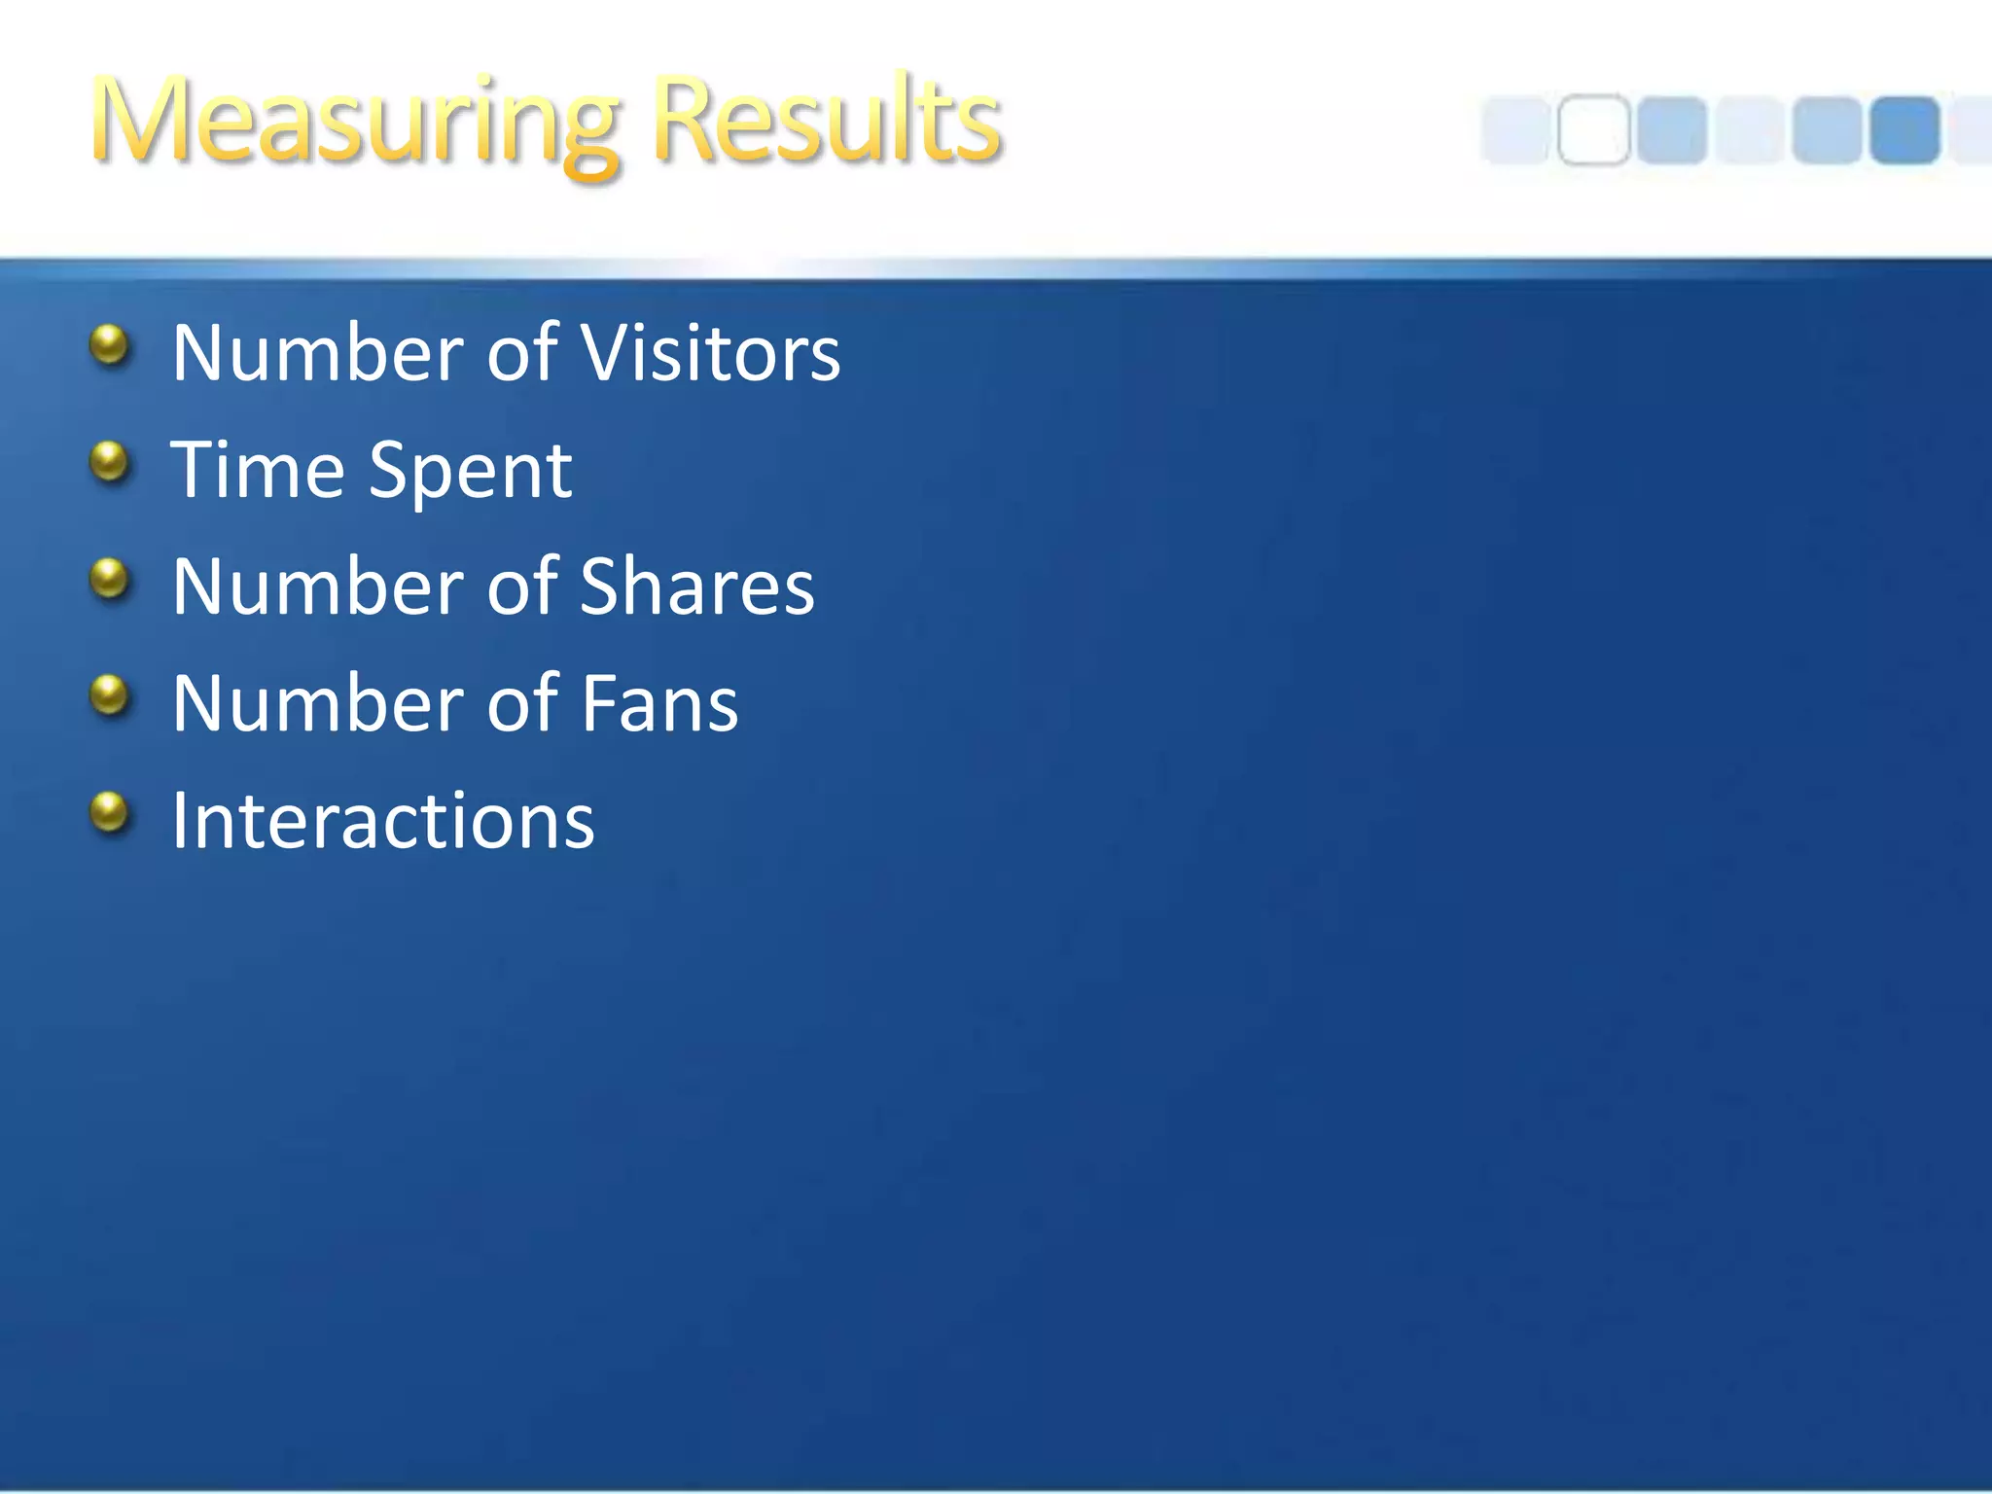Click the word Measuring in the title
click(355, 122)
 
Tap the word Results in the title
click(827, 122)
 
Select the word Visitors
click(710, 352)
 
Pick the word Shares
click(696, 587)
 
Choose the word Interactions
click(382, 821)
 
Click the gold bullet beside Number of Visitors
click(110, 346)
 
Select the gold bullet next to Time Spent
click(110, 463)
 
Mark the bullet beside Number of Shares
click(110, 580)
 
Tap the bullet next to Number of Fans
click(110, 696)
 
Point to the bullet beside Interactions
click(110, 813)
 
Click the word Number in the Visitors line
click(318, 352)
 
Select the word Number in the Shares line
click(318, 587)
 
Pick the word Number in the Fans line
click(318, 703)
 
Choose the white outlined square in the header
click(1593, 130)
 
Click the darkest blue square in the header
click(1904, 130)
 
